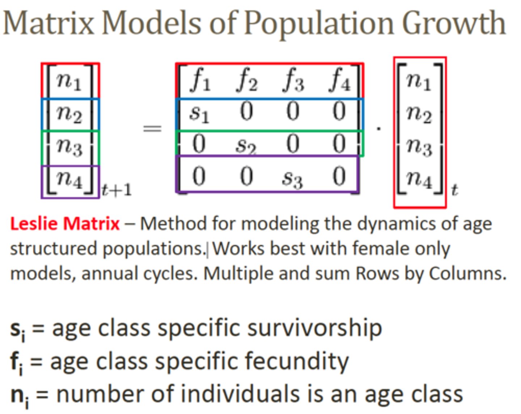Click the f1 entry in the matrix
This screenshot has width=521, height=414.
tap(200, 80)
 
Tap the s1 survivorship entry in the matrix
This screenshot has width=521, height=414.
tap(199, 113)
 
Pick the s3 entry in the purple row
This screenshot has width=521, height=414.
tap(292, 178)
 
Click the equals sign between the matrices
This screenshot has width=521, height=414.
tap(152, 128)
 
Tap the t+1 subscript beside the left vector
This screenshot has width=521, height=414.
tap(117, 190)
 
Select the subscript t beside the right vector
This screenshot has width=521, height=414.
tap(454, 190)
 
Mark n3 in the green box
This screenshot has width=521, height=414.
tap(69, 146)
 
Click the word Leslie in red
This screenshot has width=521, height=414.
tap(34, 223)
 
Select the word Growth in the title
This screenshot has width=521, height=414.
tap(454, 23)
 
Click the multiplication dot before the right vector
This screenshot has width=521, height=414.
tap(378, 128)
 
